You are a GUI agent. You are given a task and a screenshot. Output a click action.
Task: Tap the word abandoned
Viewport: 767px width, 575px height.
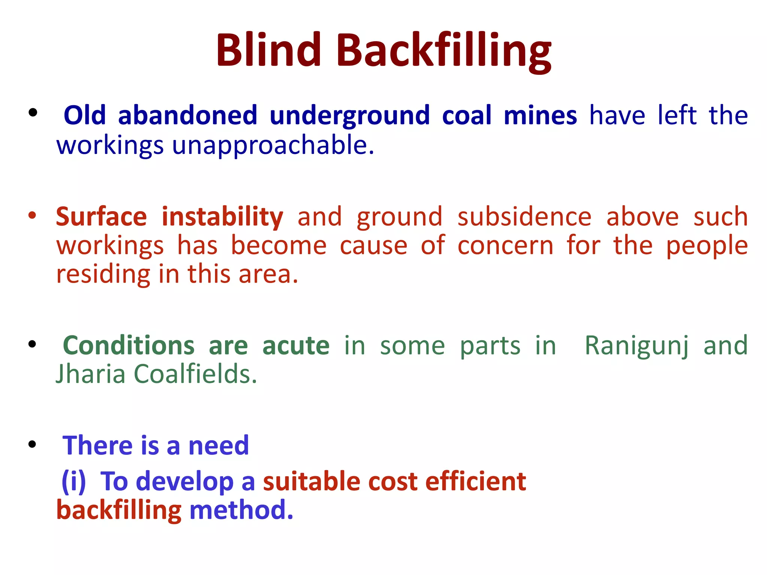[x=188, y=115]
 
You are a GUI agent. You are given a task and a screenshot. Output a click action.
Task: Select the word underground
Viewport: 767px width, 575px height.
[x=349, y=116]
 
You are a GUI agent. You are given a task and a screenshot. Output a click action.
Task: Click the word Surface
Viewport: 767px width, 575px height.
[x=101, y=217]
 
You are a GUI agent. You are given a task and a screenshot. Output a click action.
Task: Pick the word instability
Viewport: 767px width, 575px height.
[x=222, y=217]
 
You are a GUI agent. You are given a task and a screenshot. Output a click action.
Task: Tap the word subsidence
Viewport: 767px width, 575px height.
[x=524, y=217]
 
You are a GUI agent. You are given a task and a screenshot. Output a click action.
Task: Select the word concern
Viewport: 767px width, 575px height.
[x=505, y=246]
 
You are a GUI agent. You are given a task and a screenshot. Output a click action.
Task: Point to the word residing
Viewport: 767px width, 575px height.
[x=103, y=275]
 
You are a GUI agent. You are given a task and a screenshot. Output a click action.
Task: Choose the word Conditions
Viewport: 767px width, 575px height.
[x=129, y=345]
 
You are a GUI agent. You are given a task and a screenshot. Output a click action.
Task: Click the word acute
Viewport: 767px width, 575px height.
[x=296, y=345]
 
